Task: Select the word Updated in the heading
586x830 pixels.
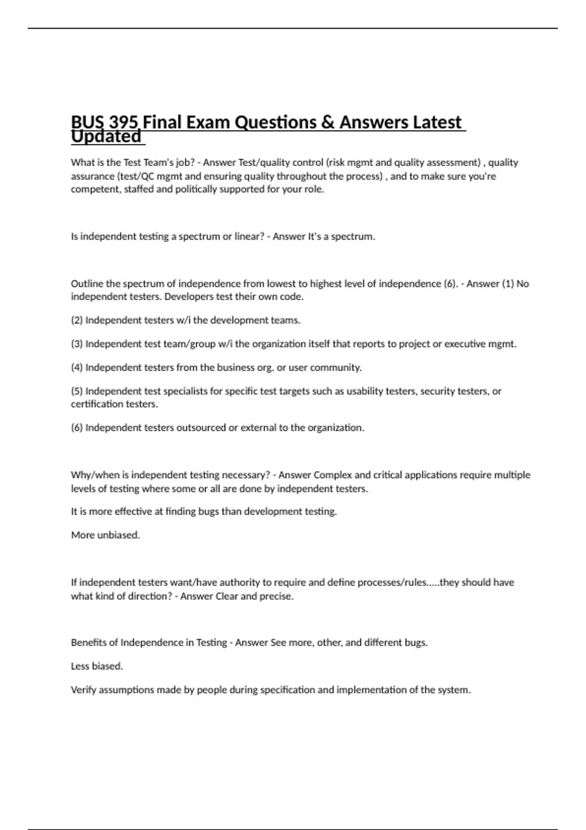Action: tap(106, 137)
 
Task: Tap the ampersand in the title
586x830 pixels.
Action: tap(327, 122)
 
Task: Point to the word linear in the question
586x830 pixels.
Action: tap(249, 236)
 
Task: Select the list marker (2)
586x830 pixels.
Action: tap(77, 320)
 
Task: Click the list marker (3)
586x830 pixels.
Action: tap(77, 344)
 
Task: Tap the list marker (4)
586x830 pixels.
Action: tap(77, 367)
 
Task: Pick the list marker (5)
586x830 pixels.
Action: tap(77, 391)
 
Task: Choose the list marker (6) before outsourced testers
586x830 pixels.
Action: tap(77, 428)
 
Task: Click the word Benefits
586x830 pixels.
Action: tap(88, 643)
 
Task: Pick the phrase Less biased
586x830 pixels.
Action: tap(97, 666)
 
